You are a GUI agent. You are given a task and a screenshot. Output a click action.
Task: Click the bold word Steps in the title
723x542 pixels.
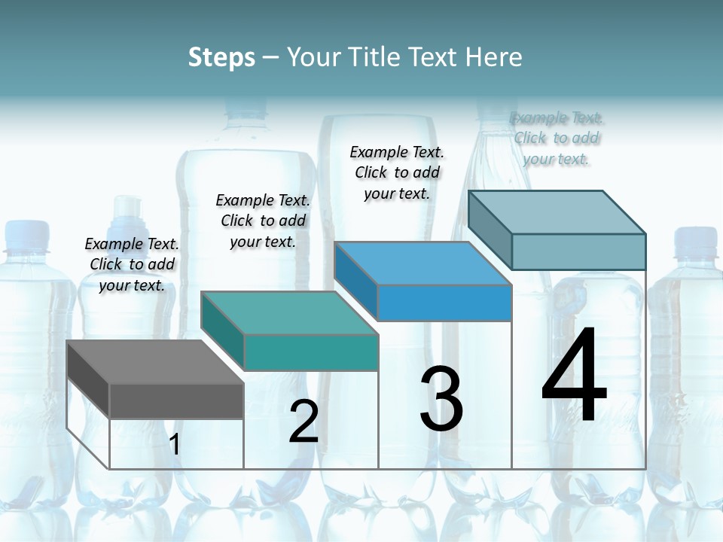pyautogui.click(x=221, y=57)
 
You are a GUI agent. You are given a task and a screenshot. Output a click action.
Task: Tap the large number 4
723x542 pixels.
pyautogui.click(x=574, y=376)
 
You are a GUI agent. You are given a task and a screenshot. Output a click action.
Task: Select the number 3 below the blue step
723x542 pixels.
pyautogui.click(x=441, y=399)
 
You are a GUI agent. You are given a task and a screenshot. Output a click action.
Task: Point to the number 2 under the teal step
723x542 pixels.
pyautogui.click(x=304, y=422)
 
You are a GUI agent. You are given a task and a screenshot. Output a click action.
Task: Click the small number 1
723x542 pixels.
pyautogui.click(x=175, y=444)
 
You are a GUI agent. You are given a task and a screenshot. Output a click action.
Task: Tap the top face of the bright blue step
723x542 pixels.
pyautogui.click(x=423, y=263)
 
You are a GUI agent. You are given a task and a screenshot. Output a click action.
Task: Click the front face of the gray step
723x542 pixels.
pyautogui.click(x=176, y=400)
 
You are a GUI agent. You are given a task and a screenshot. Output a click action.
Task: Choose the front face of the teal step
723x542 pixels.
pyautogui.click(x=310, y=352)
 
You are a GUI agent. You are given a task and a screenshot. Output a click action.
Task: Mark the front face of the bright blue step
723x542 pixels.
pyautogui.click(x=444, y=303)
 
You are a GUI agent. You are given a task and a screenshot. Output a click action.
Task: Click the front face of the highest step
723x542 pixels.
pyautogui.click(x=578, y=251)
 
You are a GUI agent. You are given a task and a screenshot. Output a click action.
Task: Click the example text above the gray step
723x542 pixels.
pyautogui.click(x=132, y=264)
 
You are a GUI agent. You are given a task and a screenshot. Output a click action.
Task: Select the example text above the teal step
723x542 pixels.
pyautogui.click(x=263, y=221)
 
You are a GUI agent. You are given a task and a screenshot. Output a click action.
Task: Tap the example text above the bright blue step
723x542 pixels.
pyautogui.click(x=397, y=172)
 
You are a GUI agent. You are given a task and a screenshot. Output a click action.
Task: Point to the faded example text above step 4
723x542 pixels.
pyautogui.click(x=557, y=138)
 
